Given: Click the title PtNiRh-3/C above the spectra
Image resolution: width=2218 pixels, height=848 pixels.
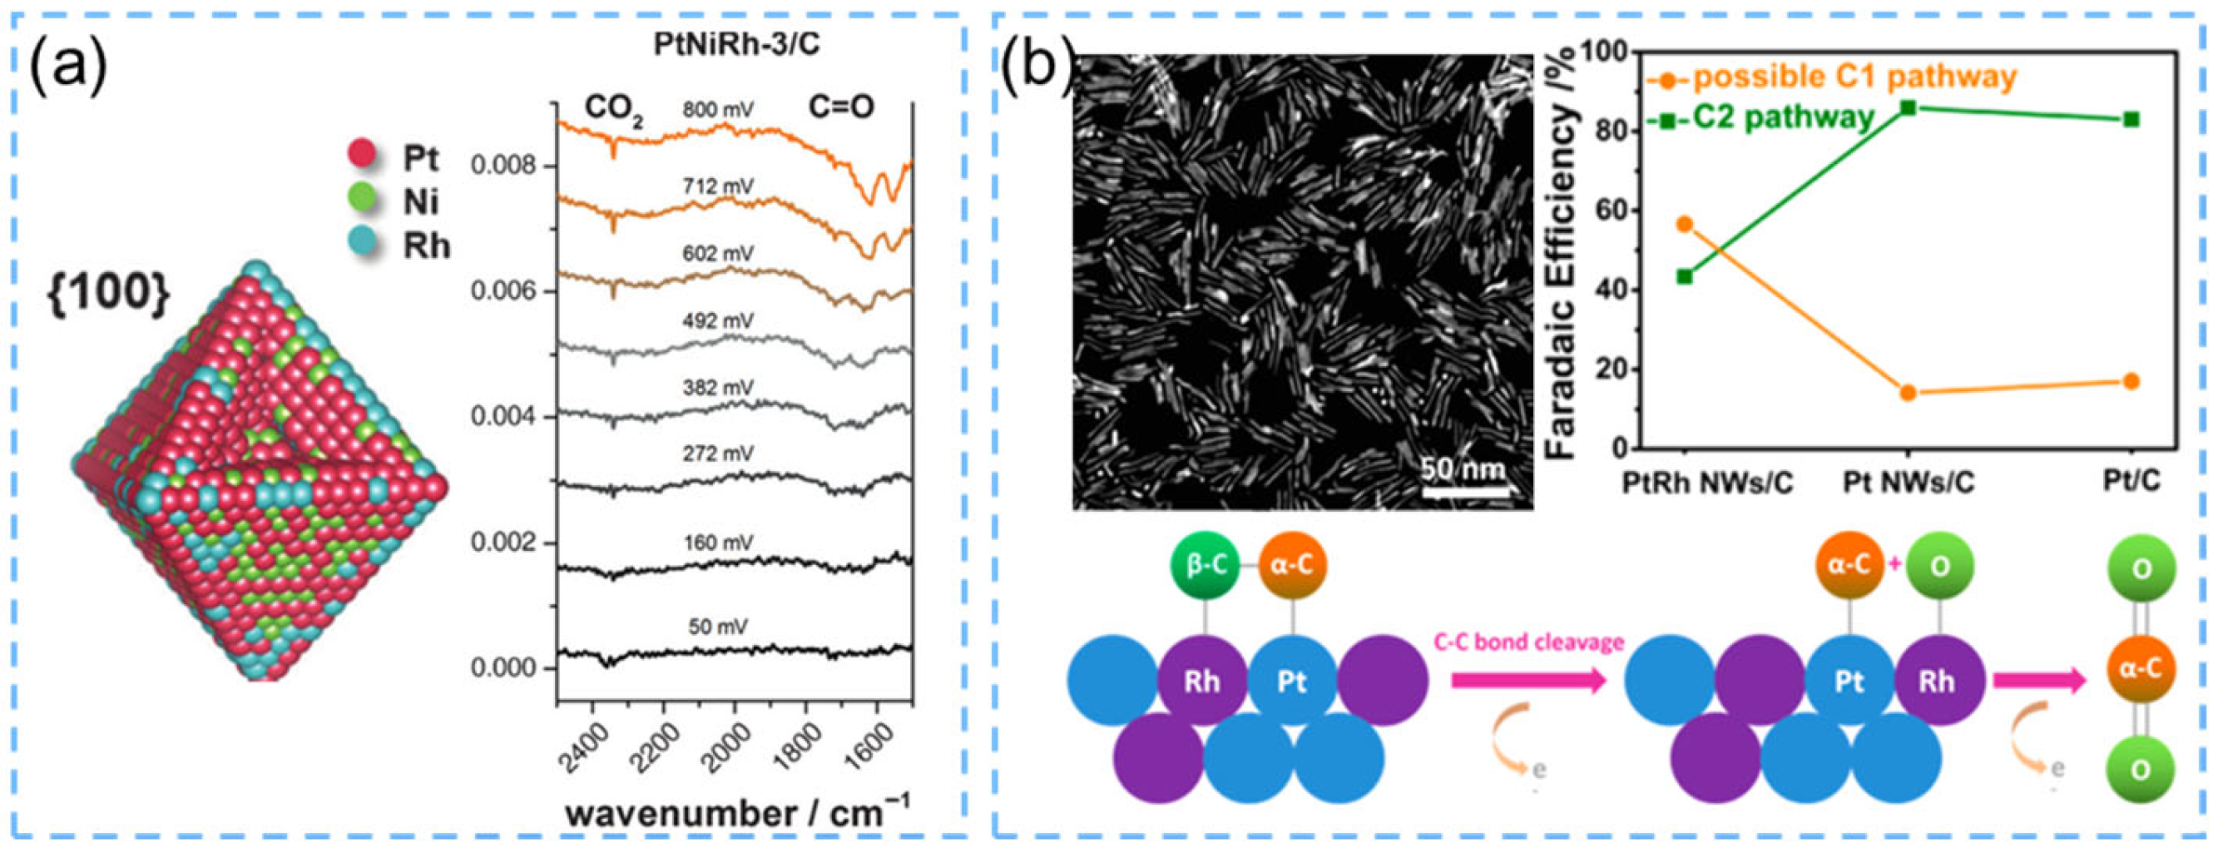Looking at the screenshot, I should point(736,44).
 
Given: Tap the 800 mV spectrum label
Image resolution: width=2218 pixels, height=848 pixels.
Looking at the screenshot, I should point(718,110).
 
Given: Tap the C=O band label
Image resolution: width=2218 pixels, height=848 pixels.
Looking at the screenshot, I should point(840,107).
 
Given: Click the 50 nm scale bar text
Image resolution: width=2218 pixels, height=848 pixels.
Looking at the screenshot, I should point(1463,470).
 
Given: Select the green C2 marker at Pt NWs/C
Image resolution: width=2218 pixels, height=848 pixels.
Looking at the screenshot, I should point(1907,107).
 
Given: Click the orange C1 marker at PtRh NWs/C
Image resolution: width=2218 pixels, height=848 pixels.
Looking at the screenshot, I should point(1685,225).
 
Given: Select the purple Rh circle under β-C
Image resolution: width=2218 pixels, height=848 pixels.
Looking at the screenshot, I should point(1202,682).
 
